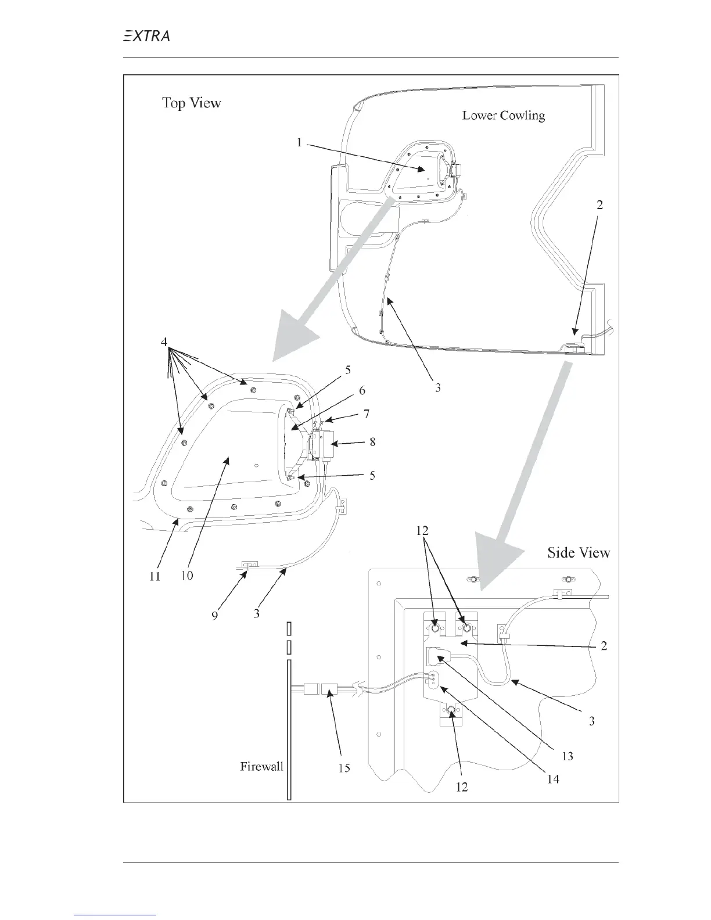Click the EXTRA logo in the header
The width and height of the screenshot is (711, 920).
click(x=146, y=36)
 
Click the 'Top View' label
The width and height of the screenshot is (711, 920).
click(x=191, y=103)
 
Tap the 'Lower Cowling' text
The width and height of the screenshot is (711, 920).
click(x=503, y=116)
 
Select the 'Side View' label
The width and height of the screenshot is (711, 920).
click(x=579, y=552)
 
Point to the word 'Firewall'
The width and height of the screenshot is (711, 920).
click(x=261, y=767)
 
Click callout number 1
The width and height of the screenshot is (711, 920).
click(x=299, y=142)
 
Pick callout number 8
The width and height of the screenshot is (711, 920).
click(x=372, y=443)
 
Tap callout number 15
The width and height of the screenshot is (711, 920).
click(x=344, y=768)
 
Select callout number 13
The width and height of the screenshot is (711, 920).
click(x=567, y=756)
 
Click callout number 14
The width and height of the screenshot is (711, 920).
click(x=553, y=779)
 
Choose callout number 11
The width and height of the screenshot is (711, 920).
click(x=155, y=577)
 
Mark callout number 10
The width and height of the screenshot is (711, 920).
click(x=187, y=576)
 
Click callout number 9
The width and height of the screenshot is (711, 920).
click(x=215, y=616)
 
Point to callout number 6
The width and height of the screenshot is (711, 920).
click(x=362, y=391)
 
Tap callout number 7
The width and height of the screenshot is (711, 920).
click(x=367, y=415)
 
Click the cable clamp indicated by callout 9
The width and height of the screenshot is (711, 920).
click(x=249, y=564)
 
